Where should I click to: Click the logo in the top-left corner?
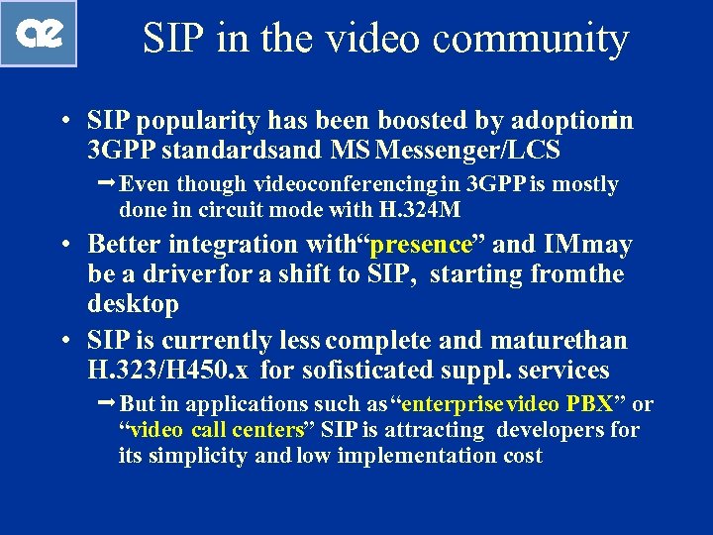point(39,35)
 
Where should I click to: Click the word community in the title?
point(531,40)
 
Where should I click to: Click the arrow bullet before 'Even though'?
point(107,183)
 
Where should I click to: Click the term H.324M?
point(420,210)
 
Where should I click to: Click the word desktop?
point(133,303)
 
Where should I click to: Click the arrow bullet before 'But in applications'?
point(107,403)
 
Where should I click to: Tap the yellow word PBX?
point(589,404)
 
